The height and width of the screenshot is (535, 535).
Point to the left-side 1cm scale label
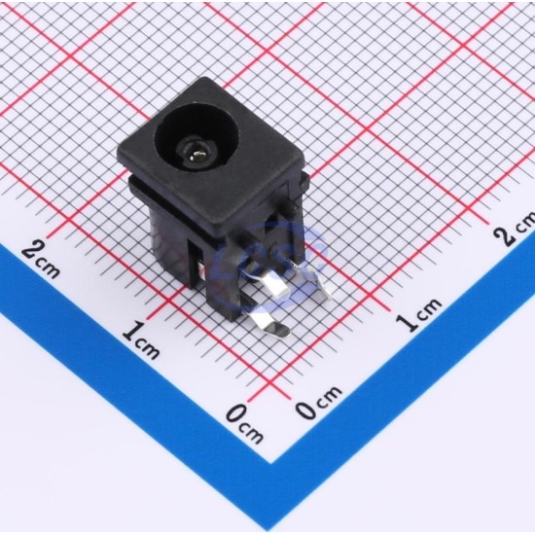(x=141, y=339)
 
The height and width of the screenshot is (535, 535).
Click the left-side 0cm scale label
(x=244, y=423)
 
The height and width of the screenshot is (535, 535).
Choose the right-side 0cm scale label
(x=318, y=402)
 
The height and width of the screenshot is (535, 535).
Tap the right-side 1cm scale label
(x=418, y=314)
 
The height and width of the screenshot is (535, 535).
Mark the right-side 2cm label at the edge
(x=516, y=228)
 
